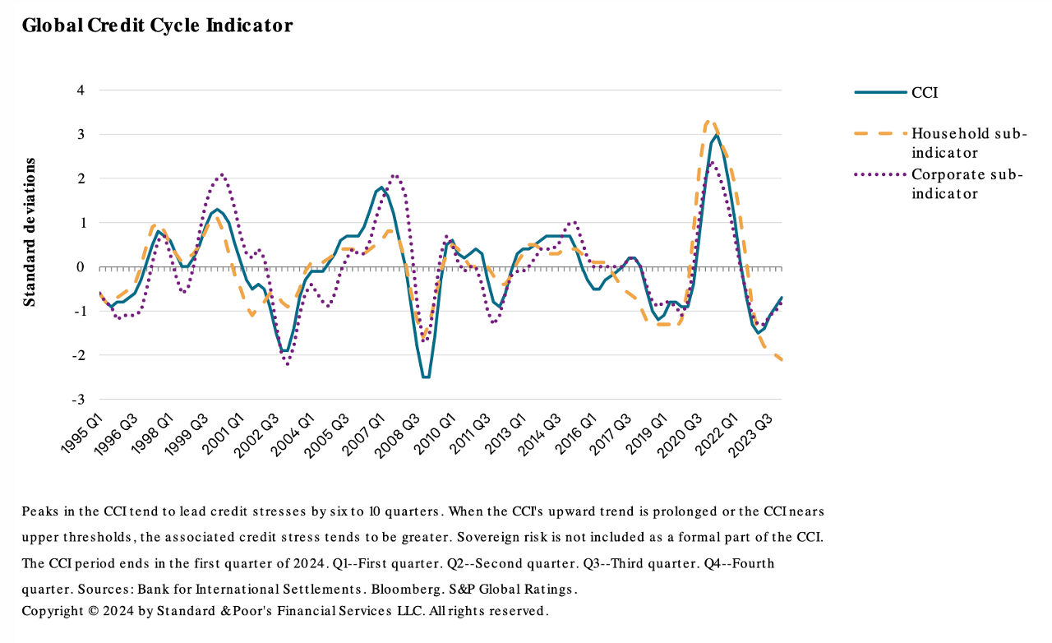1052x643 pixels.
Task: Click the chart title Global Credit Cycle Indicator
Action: coord(157,25)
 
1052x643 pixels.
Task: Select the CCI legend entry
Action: coord(925,93)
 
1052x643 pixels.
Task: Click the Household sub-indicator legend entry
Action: coord(969,143)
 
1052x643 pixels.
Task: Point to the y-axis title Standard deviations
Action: coord(30,232)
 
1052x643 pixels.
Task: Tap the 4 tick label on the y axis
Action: coord(81,90)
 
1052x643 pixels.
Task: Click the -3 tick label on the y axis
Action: coord(78,400)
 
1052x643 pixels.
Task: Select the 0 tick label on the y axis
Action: coord(81,267)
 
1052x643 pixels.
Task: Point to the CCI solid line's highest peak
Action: coord(717,135)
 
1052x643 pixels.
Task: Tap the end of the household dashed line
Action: coord(781,359)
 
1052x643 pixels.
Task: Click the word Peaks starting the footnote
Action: coord(40,511)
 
